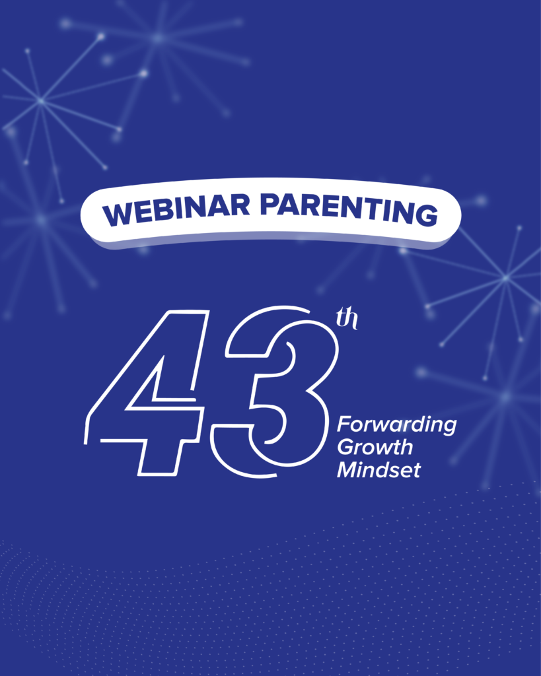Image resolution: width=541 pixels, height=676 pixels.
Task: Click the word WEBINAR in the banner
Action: pyautogui.click(x=176, y=209)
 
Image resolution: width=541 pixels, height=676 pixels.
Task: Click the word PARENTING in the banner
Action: pyautogui.click(x=349, y=209)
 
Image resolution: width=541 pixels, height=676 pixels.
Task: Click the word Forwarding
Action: pyautogui.click(x=396, y=425)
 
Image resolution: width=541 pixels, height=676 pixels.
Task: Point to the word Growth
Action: pyautogui.click(x=375, y=447)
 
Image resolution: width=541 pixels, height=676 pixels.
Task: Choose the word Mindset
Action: pyautogui.click(x=379, y=469)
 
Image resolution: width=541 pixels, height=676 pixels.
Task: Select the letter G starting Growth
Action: pyautogui.click(x=346, y=447)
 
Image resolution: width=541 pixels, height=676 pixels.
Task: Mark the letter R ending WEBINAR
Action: pyautogui.click(x=240, y=205)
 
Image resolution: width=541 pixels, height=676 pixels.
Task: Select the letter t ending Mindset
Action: pyautogui.click(x=416, y=470)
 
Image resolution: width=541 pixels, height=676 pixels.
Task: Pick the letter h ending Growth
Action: pyautogui.click(x=406, y=447)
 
